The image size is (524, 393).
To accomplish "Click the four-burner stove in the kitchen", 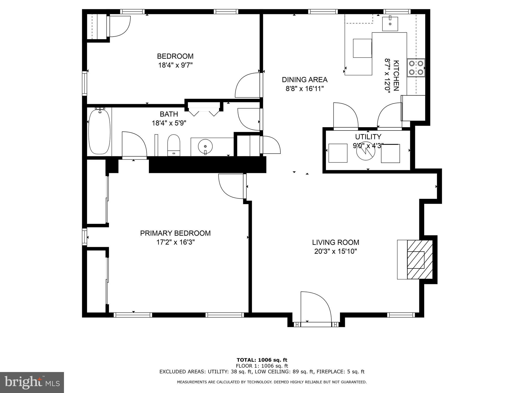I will coord(416,68).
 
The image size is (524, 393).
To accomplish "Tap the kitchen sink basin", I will coord(390,24).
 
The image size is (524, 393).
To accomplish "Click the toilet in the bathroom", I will coord(174,145).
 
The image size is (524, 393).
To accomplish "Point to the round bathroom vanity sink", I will coord(205,146).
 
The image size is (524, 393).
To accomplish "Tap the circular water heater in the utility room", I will coord(366,151).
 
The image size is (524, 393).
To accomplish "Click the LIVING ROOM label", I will coord(335,242).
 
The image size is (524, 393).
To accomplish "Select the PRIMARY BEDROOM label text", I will coord(175,233).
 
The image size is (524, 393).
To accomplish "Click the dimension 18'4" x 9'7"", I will coord(175,65).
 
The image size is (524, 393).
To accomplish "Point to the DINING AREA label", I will coord(304,80).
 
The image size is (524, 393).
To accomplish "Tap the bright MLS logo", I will coord(32,382).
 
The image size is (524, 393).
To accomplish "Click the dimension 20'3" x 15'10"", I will coord(335,252).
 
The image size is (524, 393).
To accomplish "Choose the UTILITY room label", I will coord(368,137).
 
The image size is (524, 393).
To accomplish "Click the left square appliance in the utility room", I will coord(338,153).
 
